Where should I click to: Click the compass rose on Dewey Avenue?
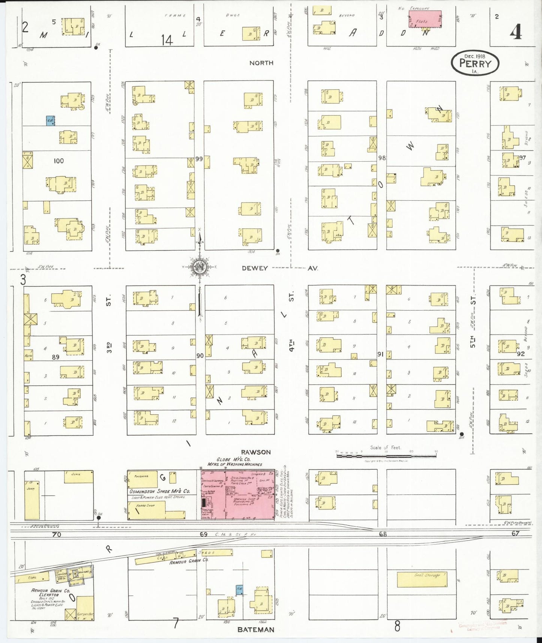click(x=199, y=267)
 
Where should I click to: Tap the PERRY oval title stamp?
click(x=475, y=63)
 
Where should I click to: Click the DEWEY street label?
click(x=255, y=268)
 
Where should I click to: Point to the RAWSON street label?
click(x=256, y=452)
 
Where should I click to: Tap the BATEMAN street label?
click(x=256, y=630)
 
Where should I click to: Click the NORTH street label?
click(x=261, y=63)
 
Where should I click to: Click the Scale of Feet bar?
click(x=386, y=455)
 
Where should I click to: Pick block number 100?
click(x=59, y=161)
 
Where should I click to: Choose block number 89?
click(x=56, y=357)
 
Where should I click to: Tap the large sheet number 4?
click(x=515, y=32)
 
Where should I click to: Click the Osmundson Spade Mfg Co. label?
click(x=160, y=491)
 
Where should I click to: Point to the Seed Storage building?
click(x=422, y=580)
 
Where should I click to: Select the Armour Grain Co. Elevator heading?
click(x=50, y=592)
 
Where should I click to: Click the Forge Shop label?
click(x=145, y=505)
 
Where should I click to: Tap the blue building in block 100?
click(x=50, y=120)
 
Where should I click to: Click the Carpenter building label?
click(x=85, y=614)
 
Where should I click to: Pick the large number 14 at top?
click(x=167, y=40)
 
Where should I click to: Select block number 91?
click(x=380, y=354)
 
